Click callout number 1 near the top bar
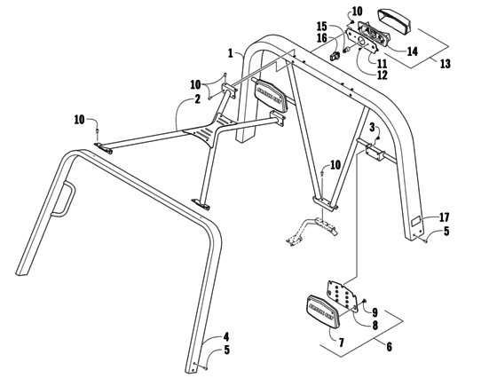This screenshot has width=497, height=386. click(x=229, y=53)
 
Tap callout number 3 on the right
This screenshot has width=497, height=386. click(x=372, y=129)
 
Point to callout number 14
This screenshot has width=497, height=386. click(x=412, y=51)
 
